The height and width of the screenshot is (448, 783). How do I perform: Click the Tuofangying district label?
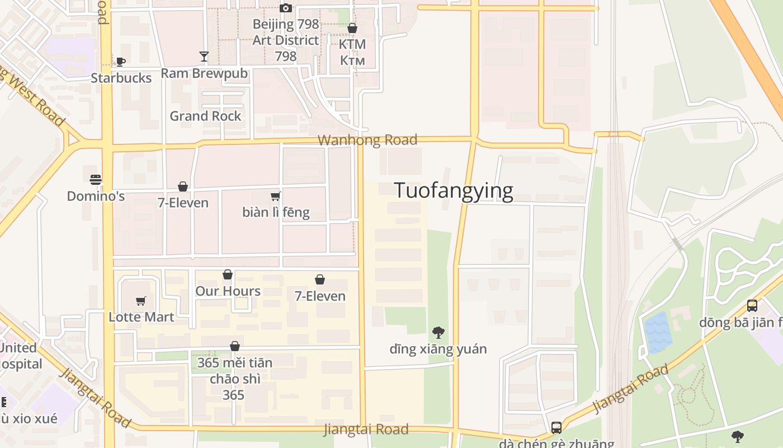point(454,191)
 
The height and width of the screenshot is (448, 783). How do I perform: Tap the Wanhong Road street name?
point(367,140)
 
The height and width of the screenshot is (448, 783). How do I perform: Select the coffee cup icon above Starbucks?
point(120,62)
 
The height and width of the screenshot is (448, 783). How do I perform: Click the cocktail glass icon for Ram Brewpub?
point(204,57)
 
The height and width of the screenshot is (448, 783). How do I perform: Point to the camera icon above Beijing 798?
point(286,8)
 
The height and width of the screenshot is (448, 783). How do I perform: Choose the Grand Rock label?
point(205,116)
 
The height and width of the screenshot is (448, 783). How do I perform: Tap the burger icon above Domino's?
point(96,180)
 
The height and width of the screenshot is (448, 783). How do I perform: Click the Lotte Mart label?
point(141,316)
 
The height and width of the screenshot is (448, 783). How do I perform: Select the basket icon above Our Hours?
point(228,274)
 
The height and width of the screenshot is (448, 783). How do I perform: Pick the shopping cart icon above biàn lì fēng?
point(275,196)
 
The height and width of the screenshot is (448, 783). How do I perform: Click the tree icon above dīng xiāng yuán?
point(438,333)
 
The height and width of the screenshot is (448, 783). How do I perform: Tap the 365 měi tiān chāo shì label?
point(234,379)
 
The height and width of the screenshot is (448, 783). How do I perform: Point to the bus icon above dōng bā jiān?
point(752,306)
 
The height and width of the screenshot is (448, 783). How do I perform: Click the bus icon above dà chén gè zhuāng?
point(556,428)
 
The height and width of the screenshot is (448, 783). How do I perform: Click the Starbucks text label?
point(121,78)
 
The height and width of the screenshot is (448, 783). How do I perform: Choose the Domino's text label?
point(96,196)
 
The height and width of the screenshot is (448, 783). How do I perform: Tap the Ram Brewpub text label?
point(204,73)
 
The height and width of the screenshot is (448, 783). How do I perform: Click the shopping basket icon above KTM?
point(352,28)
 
